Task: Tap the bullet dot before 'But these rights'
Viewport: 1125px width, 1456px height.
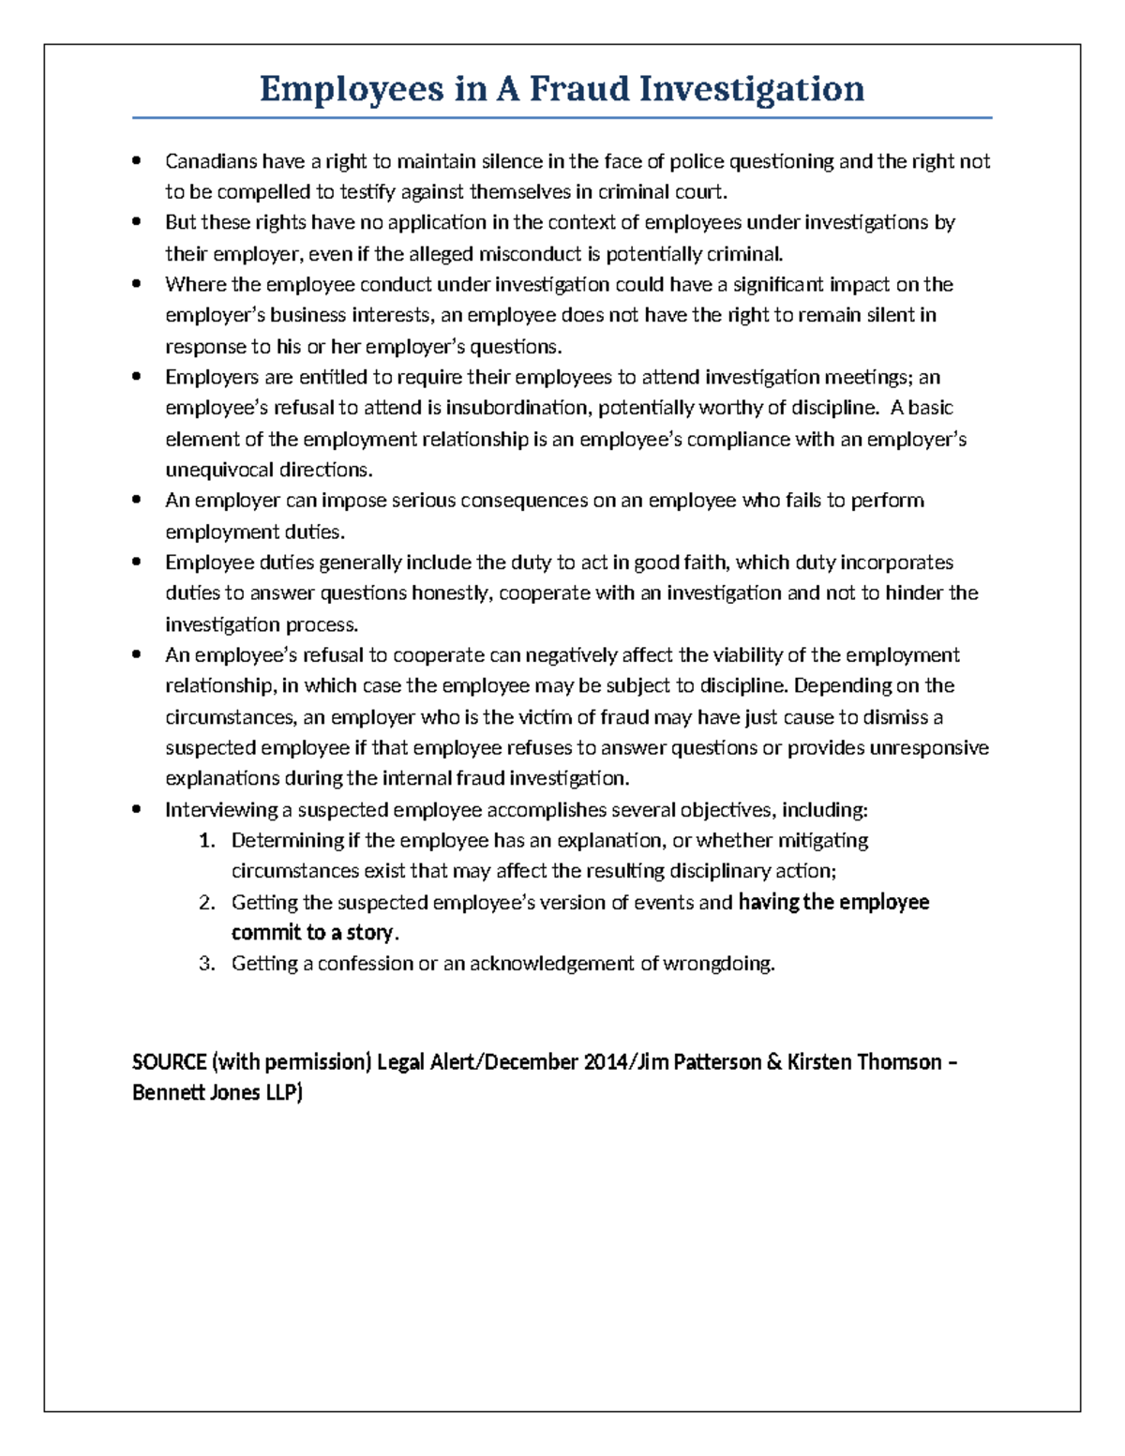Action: (138, 222)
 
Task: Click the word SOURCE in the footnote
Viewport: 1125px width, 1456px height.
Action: (170, 1062)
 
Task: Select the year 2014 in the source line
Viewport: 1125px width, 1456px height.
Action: (607, 1062)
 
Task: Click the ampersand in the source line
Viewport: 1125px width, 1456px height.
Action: (773, 1062)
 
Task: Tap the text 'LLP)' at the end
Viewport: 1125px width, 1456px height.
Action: (283, 1093)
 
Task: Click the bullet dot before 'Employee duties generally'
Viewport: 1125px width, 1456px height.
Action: (138, 563)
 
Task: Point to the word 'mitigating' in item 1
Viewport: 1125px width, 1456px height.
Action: (823, 840)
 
